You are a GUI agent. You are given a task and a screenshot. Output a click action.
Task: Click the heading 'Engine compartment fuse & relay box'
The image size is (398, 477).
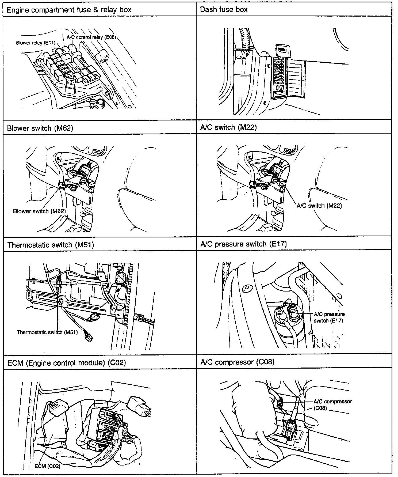point(69,10)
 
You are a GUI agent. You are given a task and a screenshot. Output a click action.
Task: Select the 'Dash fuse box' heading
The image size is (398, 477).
point(224,10)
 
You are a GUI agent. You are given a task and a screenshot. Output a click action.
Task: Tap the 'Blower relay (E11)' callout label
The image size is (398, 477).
point(36,43)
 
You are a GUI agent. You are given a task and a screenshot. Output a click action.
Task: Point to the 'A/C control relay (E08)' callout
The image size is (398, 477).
point(91,37)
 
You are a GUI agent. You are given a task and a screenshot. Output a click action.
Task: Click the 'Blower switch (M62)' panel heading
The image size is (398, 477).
point(40,128)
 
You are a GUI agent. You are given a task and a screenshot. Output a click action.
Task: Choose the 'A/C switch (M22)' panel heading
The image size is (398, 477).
point(228,127)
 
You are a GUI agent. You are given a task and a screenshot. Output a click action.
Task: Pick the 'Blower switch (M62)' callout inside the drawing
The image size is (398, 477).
point(39,211)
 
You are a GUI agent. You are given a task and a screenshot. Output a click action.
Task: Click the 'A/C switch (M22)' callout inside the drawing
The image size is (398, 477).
point(319,206)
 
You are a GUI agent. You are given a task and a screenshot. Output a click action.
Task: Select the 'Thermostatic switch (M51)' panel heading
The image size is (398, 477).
point(51,245)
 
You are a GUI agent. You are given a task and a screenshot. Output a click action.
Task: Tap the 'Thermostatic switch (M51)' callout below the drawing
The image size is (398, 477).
point(47,332)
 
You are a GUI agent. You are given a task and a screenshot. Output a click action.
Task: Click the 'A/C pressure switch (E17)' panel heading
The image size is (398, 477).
point(243,244)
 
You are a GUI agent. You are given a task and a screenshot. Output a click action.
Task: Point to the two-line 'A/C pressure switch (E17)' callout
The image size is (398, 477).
point(329,317)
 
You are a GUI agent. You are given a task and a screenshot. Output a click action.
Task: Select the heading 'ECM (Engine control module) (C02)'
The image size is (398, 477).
point(67,363)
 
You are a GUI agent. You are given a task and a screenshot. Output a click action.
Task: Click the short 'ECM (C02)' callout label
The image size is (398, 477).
point(47,466)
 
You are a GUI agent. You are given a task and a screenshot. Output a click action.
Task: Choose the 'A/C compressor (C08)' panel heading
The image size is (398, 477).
point(238,362)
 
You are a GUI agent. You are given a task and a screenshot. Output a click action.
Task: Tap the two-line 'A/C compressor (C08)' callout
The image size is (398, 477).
point(332,405)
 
